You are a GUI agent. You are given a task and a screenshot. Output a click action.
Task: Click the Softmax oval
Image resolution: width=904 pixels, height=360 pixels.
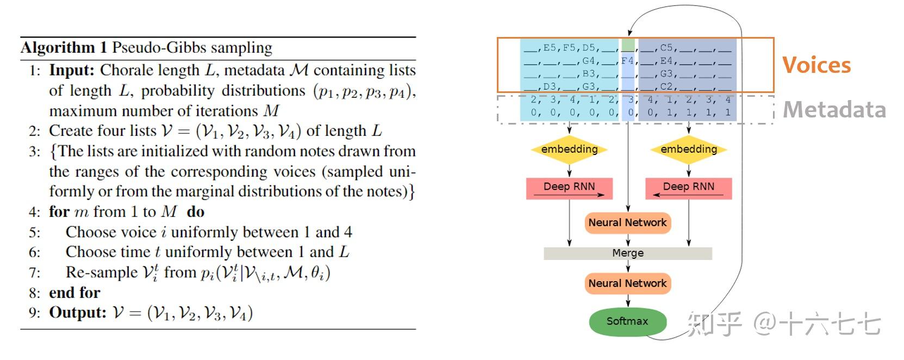(x=627, y=321)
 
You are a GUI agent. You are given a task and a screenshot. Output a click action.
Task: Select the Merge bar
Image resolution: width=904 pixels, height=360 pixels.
(x=627, y=253)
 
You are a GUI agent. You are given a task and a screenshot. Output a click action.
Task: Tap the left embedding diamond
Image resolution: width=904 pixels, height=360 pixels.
(x=569, y=150)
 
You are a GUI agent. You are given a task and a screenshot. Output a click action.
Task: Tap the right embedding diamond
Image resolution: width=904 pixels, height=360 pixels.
(x=688, y=150)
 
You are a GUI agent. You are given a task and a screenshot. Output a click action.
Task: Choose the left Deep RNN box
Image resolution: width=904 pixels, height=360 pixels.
(x=569, y=188)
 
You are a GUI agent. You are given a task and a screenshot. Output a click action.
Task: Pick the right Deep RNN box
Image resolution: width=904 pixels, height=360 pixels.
(x=688, y=188)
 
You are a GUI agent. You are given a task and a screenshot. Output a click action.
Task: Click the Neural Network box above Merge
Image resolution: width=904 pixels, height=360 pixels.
(x=627, y=222)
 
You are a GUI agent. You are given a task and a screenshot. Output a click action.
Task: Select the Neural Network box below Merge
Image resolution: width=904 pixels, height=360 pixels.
(x=627, y=283)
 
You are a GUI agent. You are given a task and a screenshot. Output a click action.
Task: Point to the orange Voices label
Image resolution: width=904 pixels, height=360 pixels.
(x=816, y=65)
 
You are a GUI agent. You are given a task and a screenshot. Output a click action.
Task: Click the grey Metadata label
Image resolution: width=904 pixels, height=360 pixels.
(x=834, y=110)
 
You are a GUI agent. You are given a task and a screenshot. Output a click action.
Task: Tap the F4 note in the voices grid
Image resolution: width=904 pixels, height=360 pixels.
(x=627, y=61)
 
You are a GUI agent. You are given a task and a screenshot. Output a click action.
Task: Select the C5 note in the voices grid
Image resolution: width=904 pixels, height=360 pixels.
(x=666, y=48)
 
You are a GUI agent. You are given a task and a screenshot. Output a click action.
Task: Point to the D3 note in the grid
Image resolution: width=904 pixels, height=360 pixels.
(x=550, y=86)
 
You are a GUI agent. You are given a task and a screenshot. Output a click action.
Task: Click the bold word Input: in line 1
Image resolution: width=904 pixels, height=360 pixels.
(x=72, y=71)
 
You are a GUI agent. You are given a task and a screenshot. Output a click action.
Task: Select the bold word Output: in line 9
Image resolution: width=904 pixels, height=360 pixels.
(x=77, y=313)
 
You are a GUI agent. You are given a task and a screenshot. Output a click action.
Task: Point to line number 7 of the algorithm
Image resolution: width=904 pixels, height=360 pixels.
(x=35, y=273)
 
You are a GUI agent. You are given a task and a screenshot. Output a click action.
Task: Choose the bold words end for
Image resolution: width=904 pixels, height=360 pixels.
(x=74, y=293)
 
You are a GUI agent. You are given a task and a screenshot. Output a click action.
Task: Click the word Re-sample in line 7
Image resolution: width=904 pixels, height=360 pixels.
(x=102, y=272)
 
